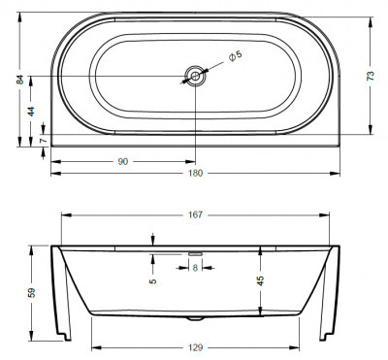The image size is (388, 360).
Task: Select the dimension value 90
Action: click(x=123, y=161)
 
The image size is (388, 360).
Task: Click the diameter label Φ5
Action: click(x=233, y=56)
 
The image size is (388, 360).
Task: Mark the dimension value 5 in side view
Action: click(x=152, y=282)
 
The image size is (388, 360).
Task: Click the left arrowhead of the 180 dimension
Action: click(x=53, y=174)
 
